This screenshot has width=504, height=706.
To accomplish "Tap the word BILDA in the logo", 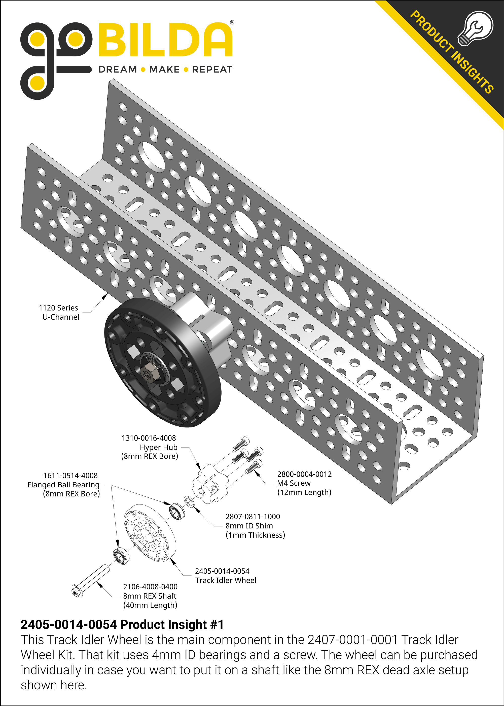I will pyautogui.click(x=165, y=40).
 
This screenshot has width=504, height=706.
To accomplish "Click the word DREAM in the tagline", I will pyautogui.click(x=118, y=69).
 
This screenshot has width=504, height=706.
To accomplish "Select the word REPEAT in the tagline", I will pyautogui.click(x=212, y=69).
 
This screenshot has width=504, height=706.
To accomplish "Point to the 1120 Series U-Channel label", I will pyautogui.click(x=59, y=312).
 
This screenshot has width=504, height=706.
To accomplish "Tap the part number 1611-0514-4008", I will pyautogui.click(x=70, y=476).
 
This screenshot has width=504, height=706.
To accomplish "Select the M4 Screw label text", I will pyautogui.click(x=294, y=483).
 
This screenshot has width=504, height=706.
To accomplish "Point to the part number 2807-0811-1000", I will pyautogui.click(x=253, y=517).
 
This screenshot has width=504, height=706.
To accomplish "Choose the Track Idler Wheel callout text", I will pyautogui.click(x=226, y=580).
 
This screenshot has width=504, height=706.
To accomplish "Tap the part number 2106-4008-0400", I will pyautogui.click(x=150, y=587).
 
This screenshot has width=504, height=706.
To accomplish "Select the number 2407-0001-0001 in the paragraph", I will pyautogui.click(x=352, y=640).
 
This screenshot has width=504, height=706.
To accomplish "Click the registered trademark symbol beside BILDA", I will pyautogui.click(x=232, y=22).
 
